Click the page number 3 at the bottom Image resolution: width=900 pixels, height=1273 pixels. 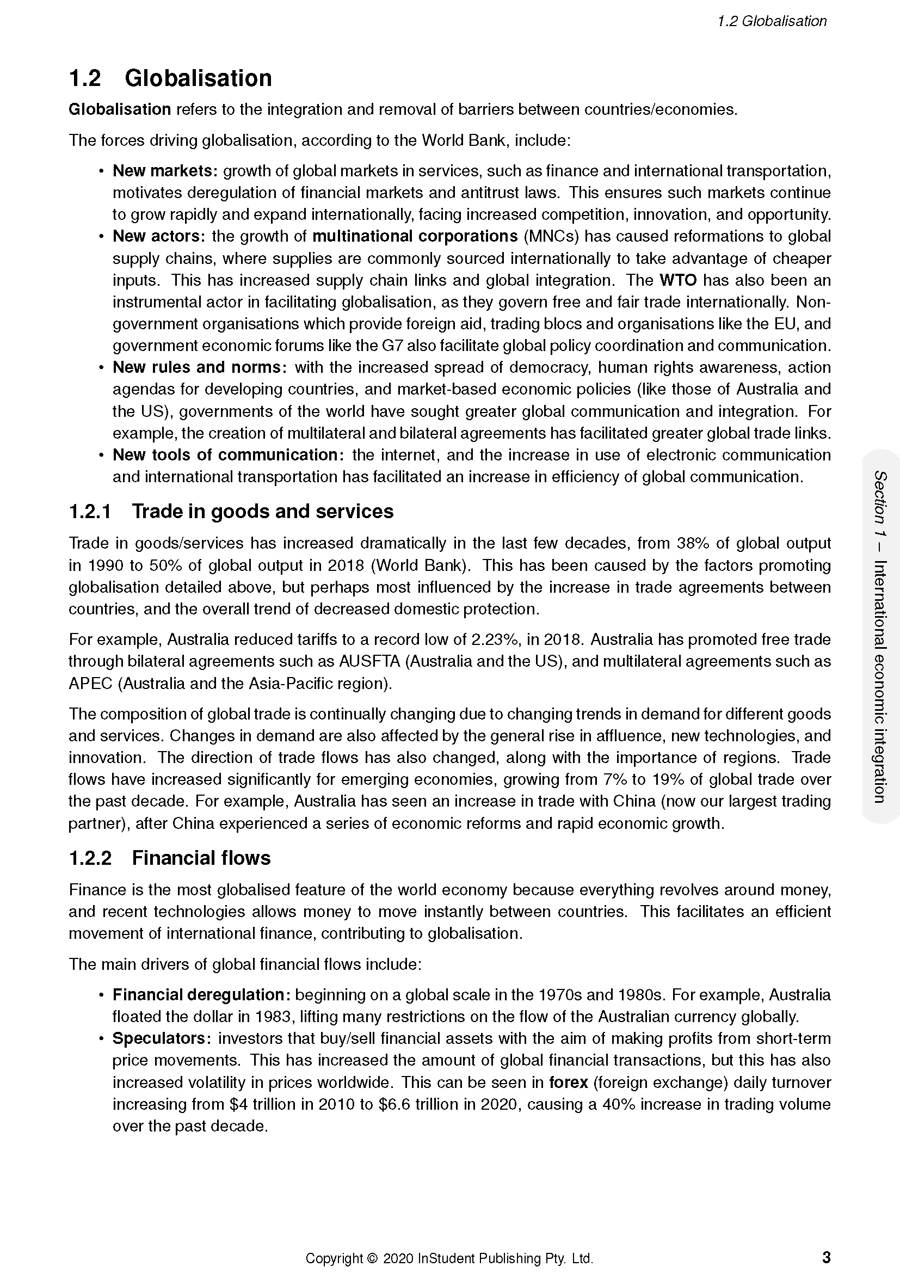click(x=826, y=1258)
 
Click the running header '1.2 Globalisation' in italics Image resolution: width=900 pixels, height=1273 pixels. click(x=772, y=21)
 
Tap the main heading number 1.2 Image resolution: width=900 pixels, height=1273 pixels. click(x=85, y=78)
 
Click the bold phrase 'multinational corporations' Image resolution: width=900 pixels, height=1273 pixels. click(x=415, y=236)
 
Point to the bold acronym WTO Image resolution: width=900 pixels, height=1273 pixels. click(x=677, y=280)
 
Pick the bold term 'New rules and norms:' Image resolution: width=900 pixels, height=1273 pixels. click(x=200, y=367)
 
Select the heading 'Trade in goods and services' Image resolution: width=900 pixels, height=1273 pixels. click(x=262, y=511)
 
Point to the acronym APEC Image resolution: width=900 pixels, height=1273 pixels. click(x=90, y=683)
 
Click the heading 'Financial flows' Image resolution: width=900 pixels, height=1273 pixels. click(x=201, y=858)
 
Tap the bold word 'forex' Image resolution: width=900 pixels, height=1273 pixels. click(x=568, y=1083)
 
